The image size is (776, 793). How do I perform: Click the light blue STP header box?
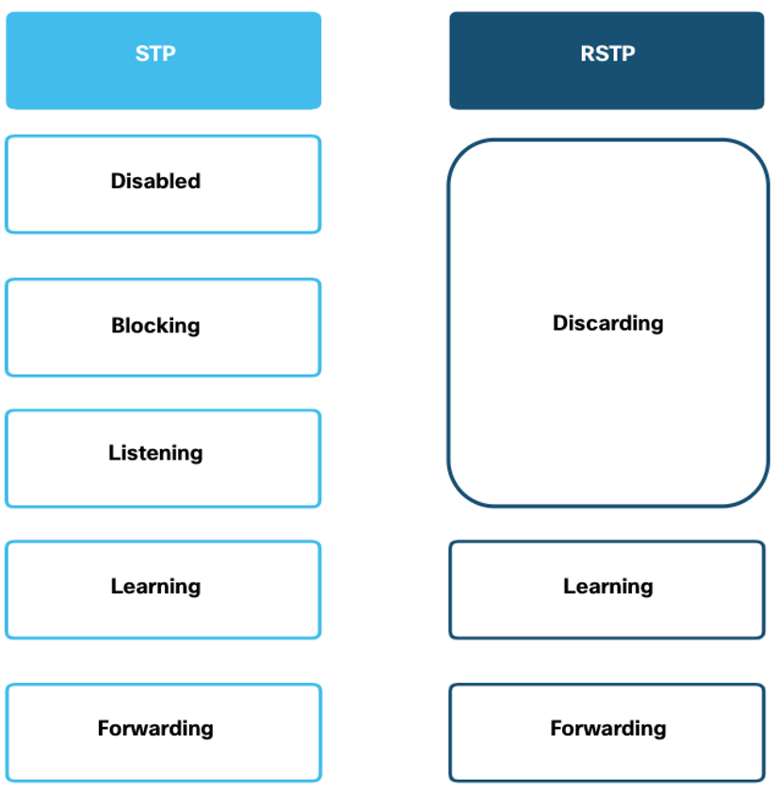click(x=164, y=60)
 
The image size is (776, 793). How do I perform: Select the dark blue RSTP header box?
click(x=606, y=60)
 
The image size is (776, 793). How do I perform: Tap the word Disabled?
click(x=155, y=181)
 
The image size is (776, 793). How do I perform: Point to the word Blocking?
click(x=155, y=326)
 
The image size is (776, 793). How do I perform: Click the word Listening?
click(x=155, y=453)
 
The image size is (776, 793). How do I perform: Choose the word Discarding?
click(x=608, y=324)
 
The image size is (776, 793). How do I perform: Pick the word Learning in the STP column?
click(x=155, y=587)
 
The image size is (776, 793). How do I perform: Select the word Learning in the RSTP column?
click(x=608, y=587)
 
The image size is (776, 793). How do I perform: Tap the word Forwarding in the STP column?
click(x=155, y=729)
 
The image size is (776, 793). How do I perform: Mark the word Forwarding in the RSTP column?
click(x=608, y=729)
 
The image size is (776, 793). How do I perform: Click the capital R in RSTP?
click(x=588, y=54)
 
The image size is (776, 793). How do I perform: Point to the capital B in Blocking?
click(x=119, y=325)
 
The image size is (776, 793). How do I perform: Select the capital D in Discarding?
click(x=560, y=323)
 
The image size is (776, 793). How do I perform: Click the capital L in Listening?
click(x=114, y=453)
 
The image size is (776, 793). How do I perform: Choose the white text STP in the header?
click(x=155, y=54)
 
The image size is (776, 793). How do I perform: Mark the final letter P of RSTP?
click(x=628, y=54)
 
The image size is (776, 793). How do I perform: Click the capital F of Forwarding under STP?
click(x=104, y=728)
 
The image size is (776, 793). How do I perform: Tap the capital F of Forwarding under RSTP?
click(x=556, y=728)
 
